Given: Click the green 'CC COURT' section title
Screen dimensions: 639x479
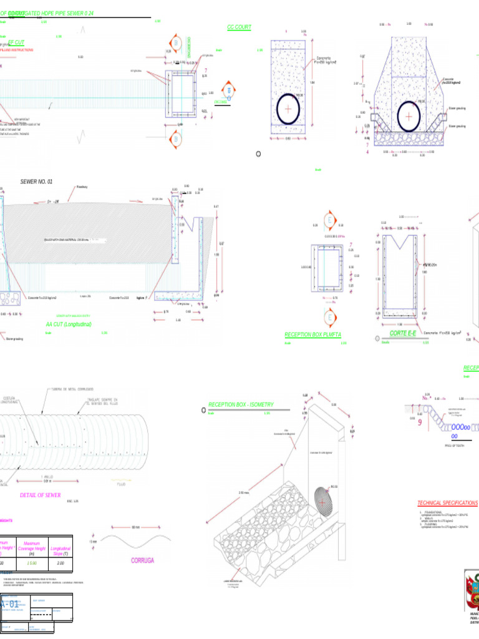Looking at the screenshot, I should pos(239,27).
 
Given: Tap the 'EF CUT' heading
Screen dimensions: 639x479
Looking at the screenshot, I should pos(16,42).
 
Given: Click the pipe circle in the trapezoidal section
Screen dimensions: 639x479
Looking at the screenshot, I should pos(409,116).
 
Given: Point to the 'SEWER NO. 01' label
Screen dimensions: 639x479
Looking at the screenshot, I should pos(37,182).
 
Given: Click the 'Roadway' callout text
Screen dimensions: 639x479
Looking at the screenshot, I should pos(82,187).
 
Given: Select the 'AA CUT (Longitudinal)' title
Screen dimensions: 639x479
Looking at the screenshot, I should pos(68,324).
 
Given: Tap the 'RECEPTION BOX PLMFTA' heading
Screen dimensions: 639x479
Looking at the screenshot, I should pos(312,335).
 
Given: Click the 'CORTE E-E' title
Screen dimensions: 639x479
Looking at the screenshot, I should pos(403,334).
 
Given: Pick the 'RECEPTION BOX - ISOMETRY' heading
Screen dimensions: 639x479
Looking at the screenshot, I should pos(241,405).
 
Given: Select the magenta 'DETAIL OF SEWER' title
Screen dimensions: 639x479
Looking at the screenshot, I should pos(40,495).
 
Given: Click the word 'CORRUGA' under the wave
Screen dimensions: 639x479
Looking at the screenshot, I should pos(142,560).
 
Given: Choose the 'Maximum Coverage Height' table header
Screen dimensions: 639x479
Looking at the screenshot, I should pos(32,548).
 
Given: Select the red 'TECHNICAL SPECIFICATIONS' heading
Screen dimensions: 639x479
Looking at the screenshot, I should pos(447,503).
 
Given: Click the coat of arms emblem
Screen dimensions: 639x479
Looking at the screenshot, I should pos(472,590).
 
